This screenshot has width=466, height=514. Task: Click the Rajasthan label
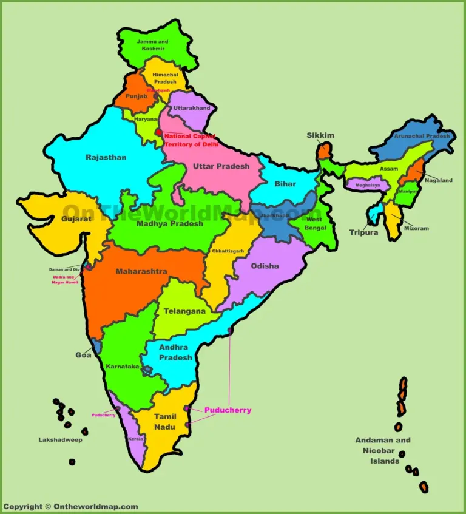tap(106, 157)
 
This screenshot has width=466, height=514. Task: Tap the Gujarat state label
tap(76, 218)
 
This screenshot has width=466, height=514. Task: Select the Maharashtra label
tap(141, 271)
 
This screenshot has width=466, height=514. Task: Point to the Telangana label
tap(184, 311)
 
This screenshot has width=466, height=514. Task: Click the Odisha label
tap(265, 266)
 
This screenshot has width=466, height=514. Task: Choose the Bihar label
tap(285, 184)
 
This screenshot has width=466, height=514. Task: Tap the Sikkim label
tap(320, 135)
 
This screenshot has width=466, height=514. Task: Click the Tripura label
tap(363, 232)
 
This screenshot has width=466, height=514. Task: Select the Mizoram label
tap(417, 228)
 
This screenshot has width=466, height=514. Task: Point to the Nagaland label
tap(438, 180)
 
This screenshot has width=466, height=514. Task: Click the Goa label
tap(84, 355)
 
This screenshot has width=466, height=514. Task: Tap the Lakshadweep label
tap(60, 440)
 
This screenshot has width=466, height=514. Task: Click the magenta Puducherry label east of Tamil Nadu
tap(228, 410)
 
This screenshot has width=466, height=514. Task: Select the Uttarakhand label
tap(192, 109)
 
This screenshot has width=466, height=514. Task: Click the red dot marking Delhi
tap(158, 132)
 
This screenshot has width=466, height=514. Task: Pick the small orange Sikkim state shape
tap(326, 150)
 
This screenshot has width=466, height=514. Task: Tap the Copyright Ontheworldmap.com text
tap(70, 507)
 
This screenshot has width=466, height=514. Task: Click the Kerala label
tap(135, 438)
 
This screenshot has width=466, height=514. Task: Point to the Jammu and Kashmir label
tap(152, 45)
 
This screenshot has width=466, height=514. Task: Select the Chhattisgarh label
tap(228, 251)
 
